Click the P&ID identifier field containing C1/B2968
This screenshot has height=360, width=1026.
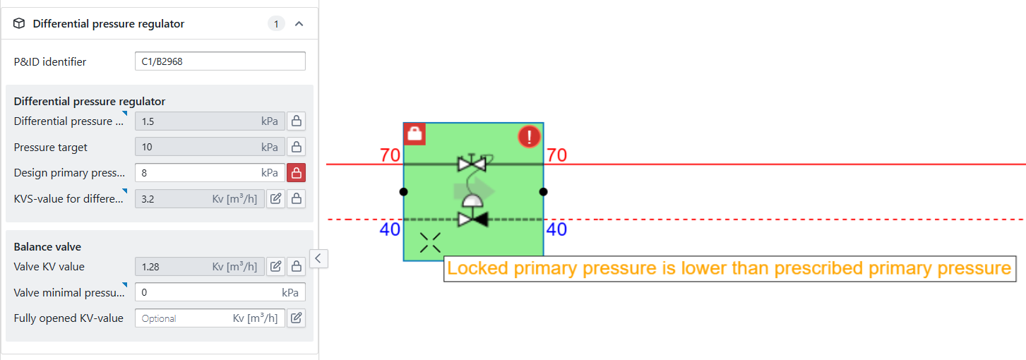pyautogui.click(x=220, y=61)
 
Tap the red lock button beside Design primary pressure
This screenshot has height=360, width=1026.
pyautogui.click(x=296, y=173)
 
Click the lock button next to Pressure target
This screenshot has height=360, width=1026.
pyautogui.click(x=296, y=147)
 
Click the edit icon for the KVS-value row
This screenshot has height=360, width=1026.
pyautogui.click(x=276, y=199)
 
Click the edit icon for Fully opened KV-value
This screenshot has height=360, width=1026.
pyautogui.click(x=296, y=318)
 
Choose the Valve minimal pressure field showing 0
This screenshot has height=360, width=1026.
pyautogui.click(x=220, y=292)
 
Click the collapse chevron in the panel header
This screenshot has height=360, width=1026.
pyautogui.click(x=299, y=24)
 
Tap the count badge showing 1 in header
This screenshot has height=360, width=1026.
pyautogui.click(x=276, y=24)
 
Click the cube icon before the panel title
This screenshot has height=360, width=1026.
pyautogui.click(x=20, y=24)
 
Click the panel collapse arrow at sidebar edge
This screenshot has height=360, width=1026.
pyautogui.click(x=318, y=258)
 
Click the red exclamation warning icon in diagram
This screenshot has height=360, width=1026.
pyautogui.click(x=528, y=136)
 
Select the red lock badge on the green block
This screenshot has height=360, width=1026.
pyautogui.click(x=414, y=133)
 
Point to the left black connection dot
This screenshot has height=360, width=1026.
pyautogui.click(x=403, y=191)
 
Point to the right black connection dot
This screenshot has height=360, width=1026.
pyautogui.click(x=543, y=191)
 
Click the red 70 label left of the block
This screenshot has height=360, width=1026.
pyautogui.click(x=390, y=155)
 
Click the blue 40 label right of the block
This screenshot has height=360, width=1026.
pyautogui.click(x=556, y=229)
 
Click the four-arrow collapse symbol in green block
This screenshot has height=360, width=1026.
pyautogui.click(x=430, y=243)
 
